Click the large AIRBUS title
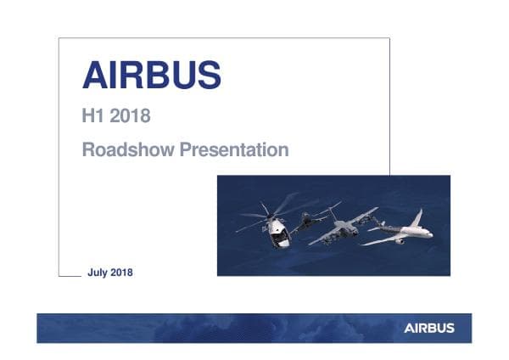(x=151, y=76)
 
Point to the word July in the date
(x=98, y=273)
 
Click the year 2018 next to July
(x=120, y=273)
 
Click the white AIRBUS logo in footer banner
(x=428, y=328)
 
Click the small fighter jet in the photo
(x=310, y=218)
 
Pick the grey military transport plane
(x=344, y=228)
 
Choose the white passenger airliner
(x=399, y=233)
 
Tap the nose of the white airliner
(x=431, y=233)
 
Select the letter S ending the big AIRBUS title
(x=208, y=76)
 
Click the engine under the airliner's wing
(x=399, y=241)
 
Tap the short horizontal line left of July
(x=69, y=275)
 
